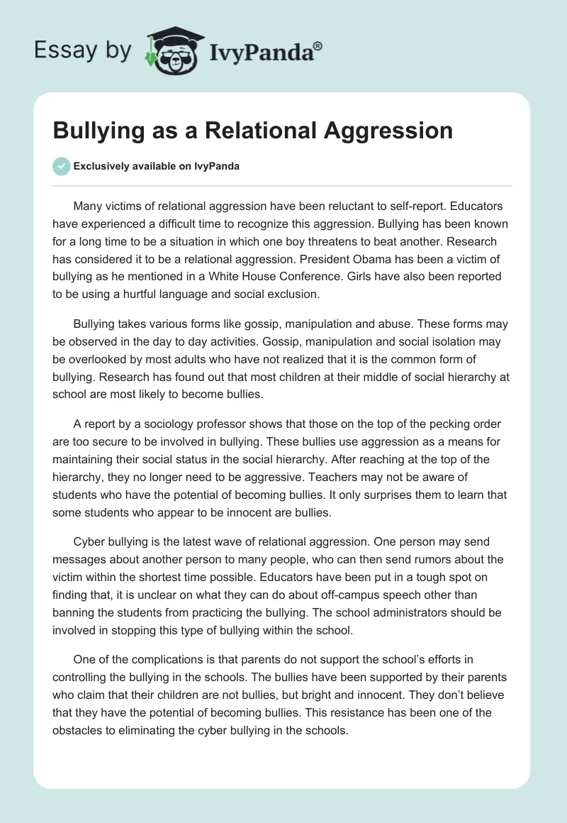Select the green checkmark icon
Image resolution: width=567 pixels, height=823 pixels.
click(61, 166)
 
